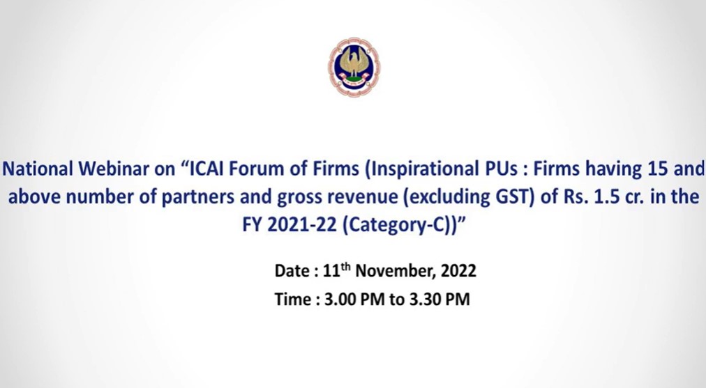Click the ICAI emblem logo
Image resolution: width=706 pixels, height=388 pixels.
(354, 67)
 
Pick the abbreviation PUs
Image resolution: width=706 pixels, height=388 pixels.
(500, 169)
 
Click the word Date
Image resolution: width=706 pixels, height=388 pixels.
(292, 271)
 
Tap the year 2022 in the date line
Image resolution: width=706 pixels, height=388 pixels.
(458, 271)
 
